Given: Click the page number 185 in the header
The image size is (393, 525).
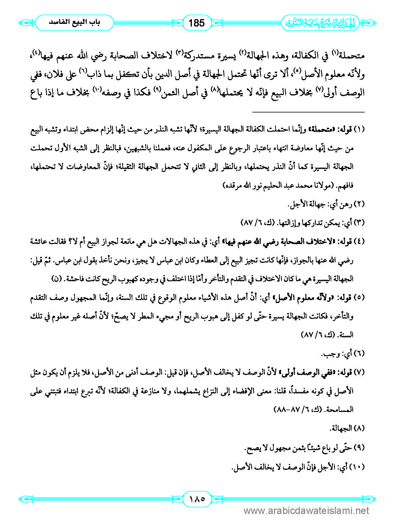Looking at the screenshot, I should [x=197, y=23].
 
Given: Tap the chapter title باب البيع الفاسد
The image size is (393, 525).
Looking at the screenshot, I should [x=74, y=23].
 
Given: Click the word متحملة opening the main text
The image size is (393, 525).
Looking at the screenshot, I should [x=352, y=56].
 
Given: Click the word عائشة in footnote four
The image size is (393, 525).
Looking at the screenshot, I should [x=40, y=242].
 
